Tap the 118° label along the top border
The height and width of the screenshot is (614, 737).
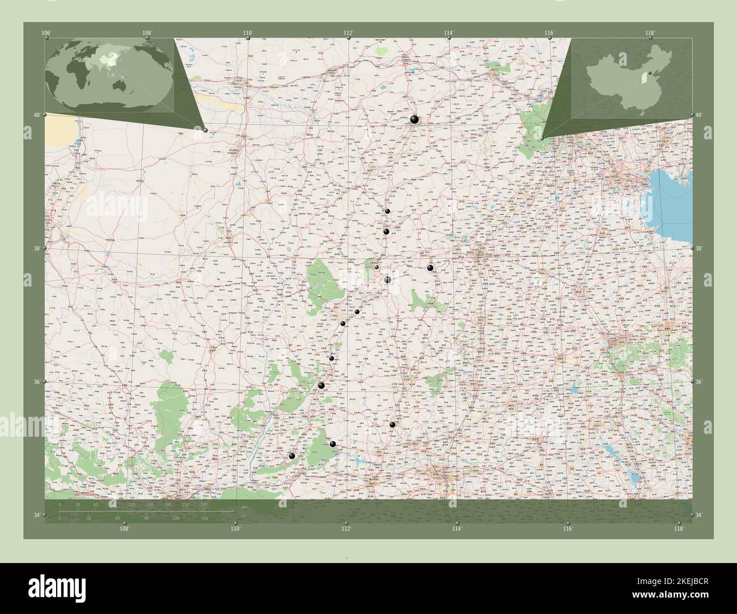click(x=651, y=33)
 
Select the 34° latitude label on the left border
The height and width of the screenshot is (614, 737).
click(x=37, y=515)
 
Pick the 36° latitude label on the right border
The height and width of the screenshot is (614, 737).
click(x=698, y=382)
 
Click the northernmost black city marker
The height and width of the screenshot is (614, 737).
click(x=414, y=119)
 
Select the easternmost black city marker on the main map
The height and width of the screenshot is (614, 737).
click(x=430, y=268)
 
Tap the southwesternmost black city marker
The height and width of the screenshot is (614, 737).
click(x=292, y=457)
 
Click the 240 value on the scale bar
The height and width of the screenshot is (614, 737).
click(x=204, y=504)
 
